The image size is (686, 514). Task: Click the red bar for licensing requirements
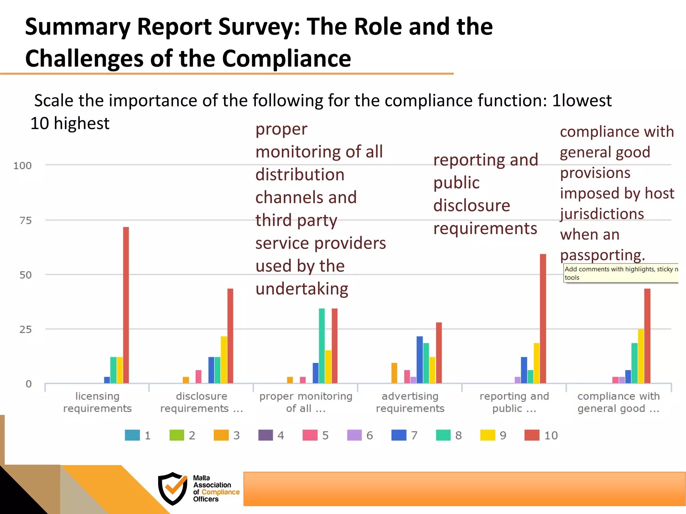[x=126, y=305]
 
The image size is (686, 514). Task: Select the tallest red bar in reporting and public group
[x=543, y=318]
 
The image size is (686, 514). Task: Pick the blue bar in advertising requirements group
[x=420, y=359]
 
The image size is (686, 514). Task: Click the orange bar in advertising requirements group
[x=394, y=373]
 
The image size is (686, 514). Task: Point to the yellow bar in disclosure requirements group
[x=224, y=359]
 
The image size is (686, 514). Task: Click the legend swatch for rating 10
[x=532, y=435]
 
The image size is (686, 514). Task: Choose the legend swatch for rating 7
[x=399, y=435]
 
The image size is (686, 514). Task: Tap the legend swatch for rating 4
[x=266, y=435]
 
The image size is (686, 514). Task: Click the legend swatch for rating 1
[x=132, y=435]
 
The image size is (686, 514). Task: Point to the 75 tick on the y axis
[x=25, y=221]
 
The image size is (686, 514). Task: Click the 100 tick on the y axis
[x=22, y=166]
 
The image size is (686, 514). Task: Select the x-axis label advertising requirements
[x=410, y=402]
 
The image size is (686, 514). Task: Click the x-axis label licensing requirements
[x=97, y=402]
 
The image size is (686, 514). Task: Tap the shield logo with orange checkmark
[x=173, y=488]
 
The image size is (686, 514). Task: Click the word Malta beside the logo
[x=201, y=478]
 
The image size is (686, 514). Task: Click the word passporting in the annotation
[x=602, y=255]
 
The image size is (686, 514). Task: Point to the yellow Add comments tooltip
[x=621, y=273]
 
